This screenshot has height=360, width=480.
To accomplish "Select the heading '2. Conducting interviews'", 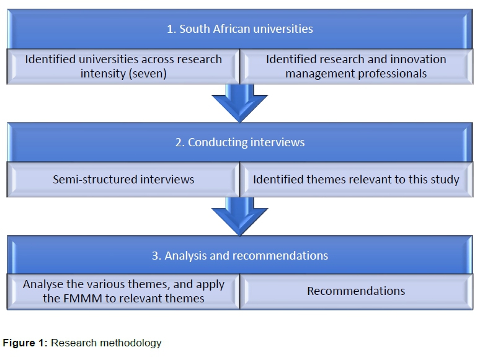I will point(239,142).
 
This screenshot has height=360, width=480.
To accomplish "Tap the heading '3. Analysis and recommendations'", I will point(239,255).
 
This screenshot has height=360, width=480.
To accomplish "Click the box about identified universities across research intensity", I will point(123,66).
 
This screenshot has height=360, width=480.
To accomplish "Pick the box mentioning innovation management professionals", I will point(356,66).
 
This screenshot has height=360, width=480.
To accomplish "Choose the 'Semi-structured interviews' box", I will point(123,180).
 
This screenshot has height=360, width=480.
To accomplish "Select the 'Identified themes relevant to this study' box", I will point(356,180).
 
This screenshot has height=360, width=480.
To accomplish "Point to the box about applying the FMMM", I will point(123,291).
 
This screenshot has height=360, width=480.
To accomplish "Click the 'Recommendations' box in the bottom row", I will point(356,291).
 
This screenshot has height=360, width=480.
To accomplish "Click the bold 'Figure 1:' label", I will point(25,343).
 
